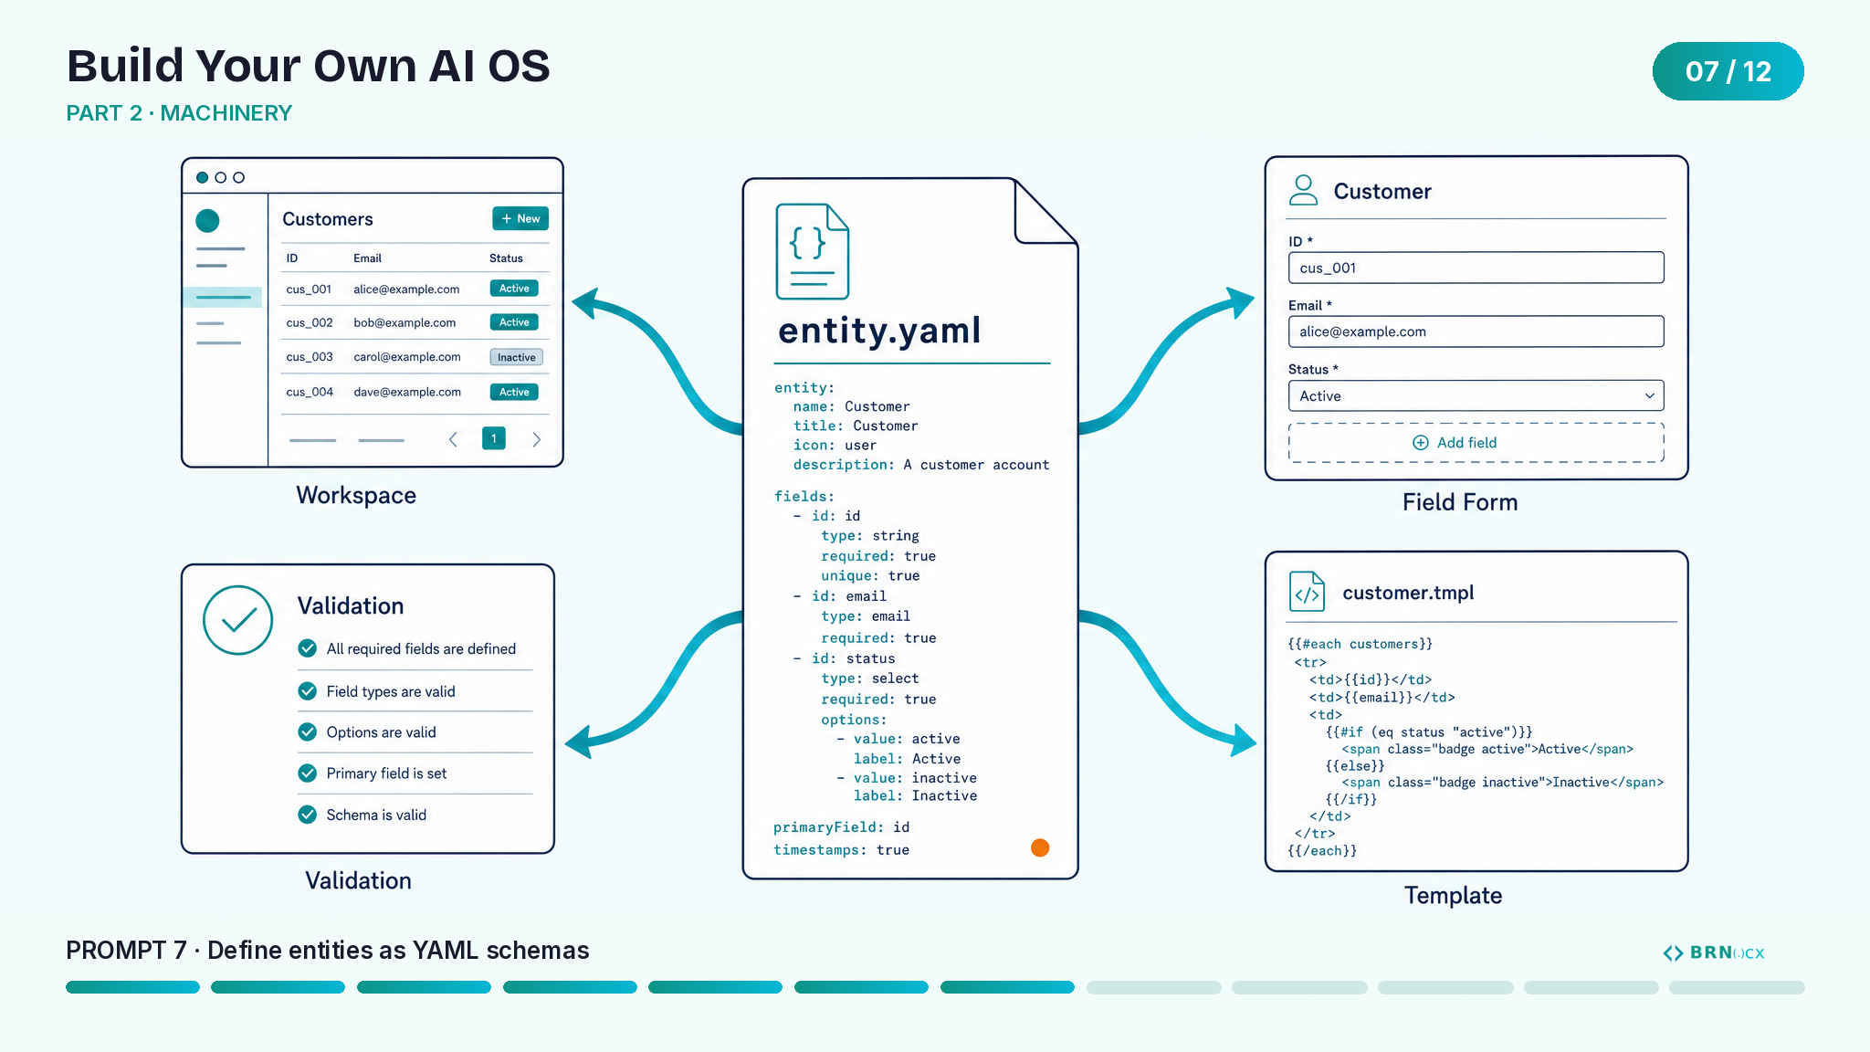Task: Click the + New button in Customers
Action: [520, 218]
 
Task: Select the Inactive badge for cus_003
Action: [517, 357]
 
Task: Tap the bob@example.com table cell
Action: [404, 322]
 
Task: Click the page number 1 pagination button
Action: [494, 438]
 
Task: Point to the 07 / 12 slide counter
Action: [1728, 71]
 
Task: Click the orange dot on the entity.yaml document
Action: [1040, 847]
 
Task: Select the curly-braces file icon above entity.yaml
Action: [812, 251]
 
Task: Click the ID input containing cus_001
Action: [1476, 268]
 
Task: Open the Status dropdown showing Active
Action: [1476, 395]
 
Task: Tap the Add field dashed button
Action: [1476, 443]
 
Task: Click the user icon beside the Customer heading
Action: [1303, 190]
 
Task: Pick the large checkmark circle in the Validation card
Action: [237, 620]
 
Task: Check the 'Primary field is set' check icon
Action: [308, 773]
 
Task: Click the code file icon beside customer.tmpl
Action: [1307, 592]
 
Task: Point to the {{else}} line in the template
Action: [1355, 766]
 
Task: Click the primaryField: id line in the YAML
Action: [841, 827]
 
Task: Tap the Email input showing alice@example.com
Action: [1476, 331]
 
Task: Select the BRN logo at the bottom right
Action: [1713, 952]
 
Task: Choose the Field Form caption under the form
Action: [1460, 502]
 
